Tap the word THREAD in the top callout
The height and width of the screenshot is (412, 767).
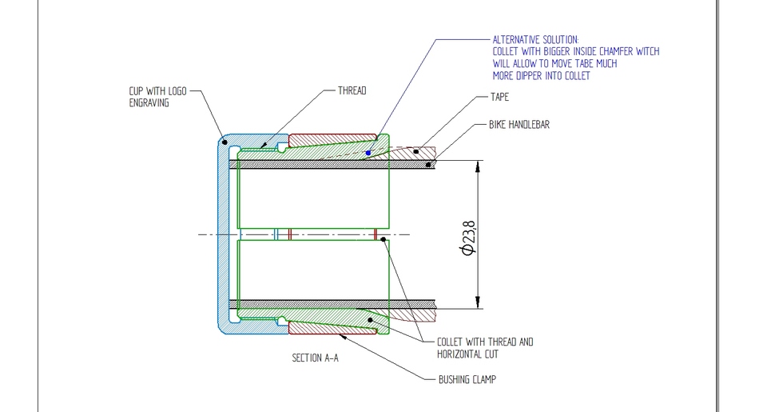click(352, 91)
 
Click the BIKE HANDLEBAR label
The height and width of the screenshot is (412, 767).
click(519, 125)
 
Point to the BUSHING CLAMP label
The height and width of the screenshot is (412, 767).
click(467, 379)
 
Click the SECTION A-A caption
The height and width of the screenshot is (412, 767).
click(315, 358)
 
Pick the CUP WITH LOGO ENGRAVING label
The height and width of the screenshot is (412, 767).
click(157, 97)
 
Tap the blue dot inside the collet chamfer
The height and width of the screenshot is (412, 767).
click(368, 152)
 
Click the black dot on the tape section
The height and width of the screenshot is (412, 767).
click(415, 150)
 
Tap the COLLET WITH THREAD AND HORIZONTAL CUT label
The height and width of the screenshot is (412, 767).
click(484, 347)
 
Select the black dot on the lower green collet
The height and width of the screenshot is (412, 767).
click(370, 321)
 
